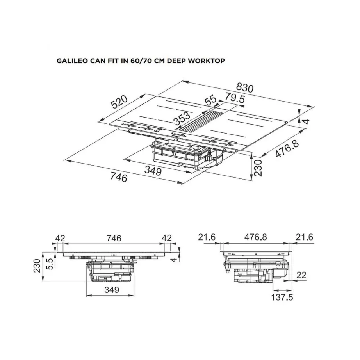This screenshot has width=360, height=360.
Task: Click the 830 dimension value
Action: click(245, 88)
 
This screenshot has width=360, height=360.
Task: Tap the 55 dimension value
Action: click(211, 100)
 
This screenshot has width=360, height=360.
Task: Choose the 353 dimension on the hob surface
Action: click(182, 117)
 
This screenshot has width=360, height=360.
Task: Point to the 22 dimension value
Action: click(300, 275)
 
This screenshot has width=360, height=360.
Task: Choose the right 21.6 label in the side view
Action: click(304, 237)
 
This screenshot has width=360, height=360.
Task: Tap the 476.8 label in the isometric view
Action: click(287, 150)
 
